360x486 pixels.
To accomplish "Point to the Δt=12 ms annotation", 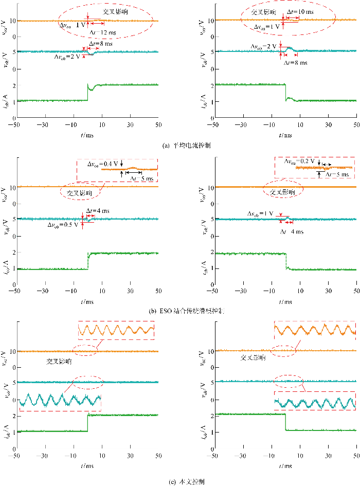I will point(102,32).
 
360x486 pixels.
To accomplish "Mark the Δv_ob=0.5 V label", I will point(64,225).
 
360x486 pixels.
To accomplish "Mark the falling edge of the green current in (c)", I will point(285,422).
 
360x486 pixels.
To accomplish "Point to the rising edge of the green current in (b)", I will point(88,261).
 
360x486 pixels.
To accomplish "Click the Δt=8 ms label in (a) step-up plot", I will point(100,44).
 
